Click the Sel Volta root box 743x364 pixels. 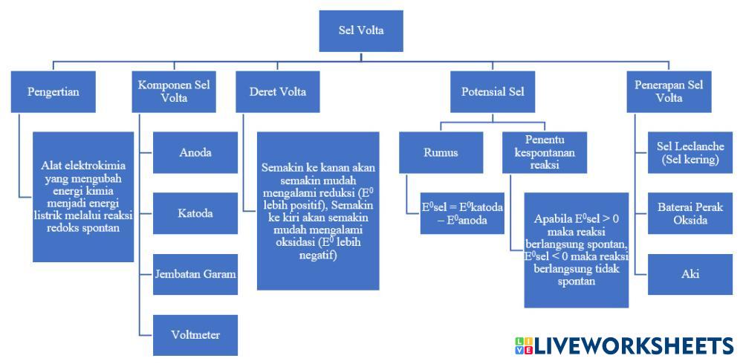[361, 30]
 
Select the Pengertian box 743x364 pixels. [53, 91]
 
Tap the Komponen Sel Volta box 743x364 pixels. [174, 91]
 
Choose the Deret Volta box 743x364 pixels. [278, 91]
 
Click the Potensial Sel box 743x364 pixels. [493, 91]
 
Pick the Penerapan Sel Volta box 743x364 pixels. [669, 91]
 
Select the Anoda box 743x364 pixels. [195, 152]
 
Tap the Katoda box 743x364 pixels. [195, 213]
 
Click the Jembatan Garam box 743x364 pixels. [195, 274]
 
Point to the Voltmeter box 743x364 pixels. [195, 335]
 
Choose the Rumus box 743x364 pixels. [441, 152]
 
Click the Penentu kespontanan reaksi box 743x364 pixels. [545, 152]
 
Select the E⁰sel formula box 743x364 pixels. [462, 213]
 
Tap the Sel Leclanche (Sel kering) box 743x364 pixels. [690, 152]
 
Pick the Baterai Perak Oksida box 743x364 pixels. [690, 213]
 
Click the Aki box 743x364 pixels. [690, 274]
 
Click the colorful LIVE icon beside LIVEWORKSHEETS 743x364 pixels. [524, 345]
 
